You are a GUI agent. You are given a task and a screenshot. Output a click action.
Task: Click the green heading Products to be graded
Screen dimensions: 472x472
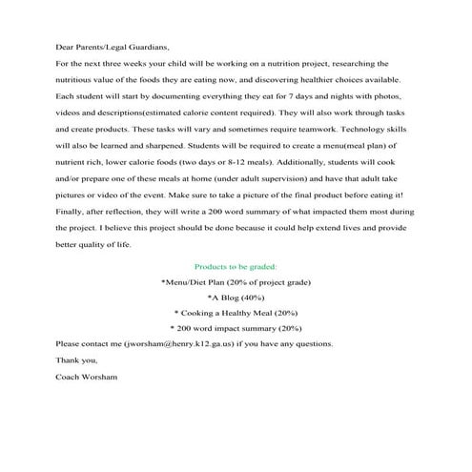point(236,266)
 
